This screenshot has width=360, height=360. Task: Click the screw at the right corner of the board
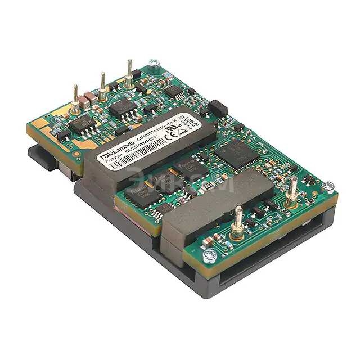328,186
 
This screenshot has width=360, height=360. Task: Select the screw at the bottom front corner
210,258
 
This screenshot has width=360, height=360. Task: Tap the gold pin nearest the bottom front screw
238,222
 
